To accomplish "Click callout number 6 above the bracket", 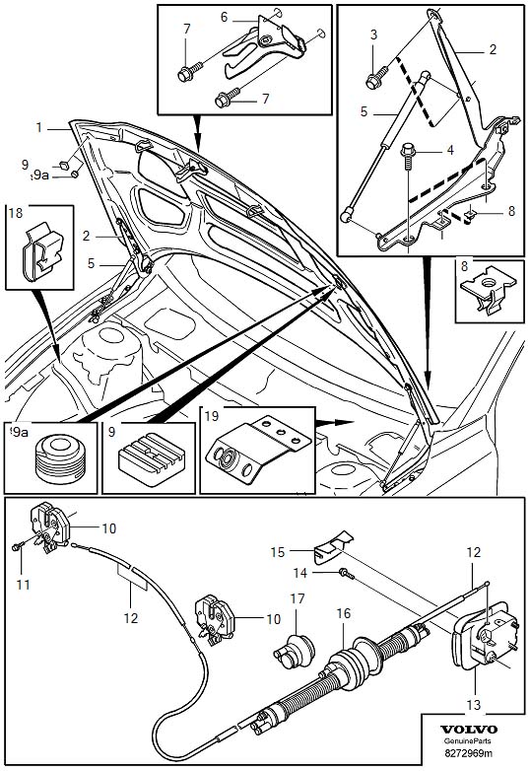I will pyautogui.click(x=224, y=17).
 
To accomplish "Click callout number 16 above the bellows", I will pyautogui.click(x=344, y=613).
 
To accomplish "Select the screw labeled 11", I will pyautogui.click(x=20, y=547).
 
